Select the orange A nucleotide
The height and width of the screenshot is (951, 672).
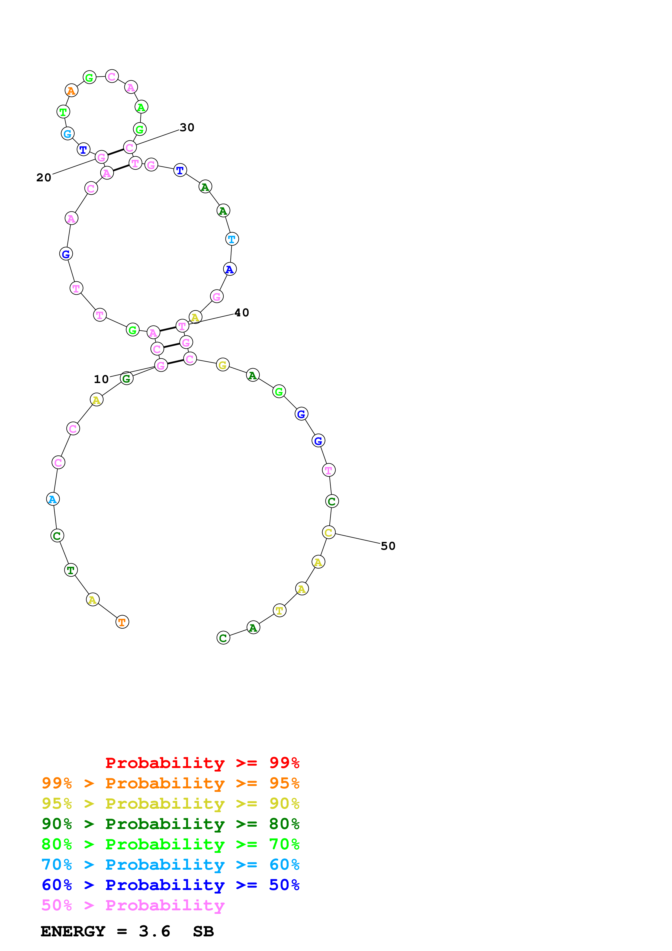point(71,90)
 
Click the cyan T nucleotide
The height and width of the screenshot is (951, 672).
point(232,239)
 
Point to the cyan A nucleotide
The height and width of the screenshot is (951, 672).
point(53,499)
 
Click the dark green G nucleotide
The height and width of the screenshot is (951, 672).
point(127,378)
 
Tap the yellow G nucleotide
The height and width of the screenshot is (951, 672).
point(223,365)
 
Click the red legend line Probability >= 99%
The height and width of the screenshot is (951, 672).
point(202,763)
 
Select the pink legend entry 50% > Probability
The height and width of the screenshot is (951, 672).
point(133,905)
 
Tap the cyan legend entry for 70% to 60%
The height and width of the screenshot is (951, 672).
point(170,865)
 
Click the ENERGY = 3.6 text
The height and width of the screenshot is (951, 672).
point(105,931)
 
